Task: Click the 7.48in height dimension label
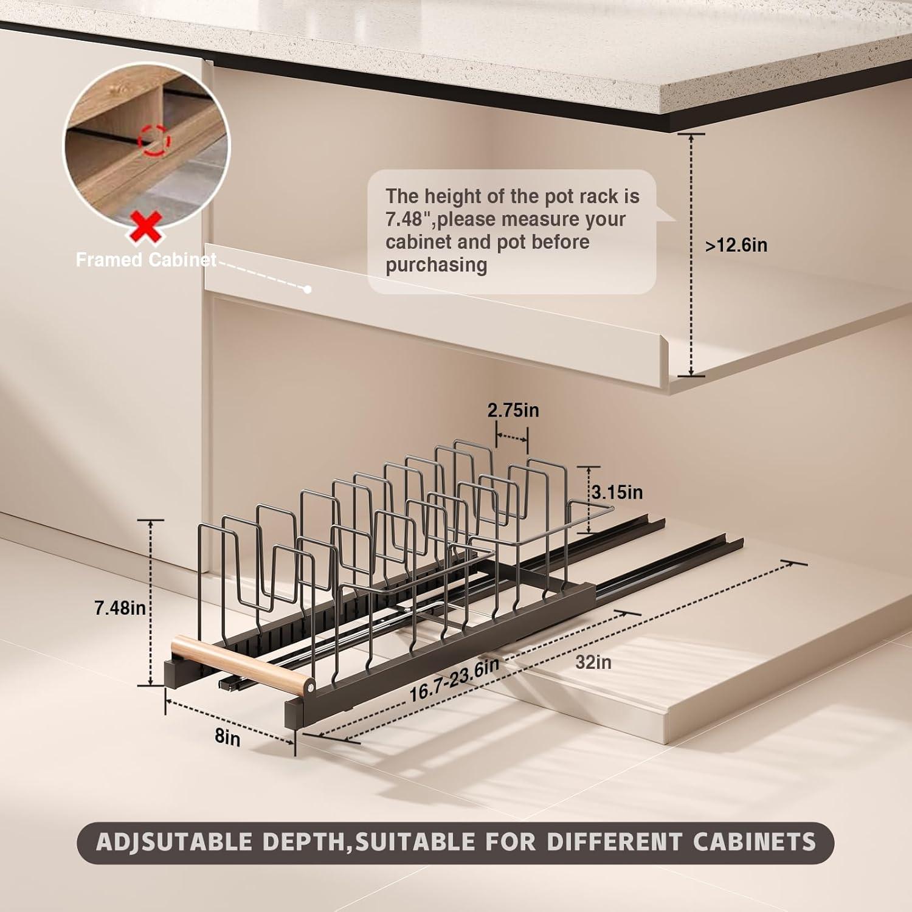120,607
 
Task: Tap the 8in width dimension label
227,737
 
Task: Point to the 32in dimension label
593,662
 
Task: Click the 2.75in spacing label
513,410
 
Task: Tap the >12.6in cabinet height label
736,245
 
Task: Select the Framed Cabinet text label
146,260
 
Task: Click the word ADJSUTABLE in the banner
173,842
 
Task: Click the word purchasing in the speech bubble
436,265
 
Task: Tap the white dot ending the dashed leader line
308,289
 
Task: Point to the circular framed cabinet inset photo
147,141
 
